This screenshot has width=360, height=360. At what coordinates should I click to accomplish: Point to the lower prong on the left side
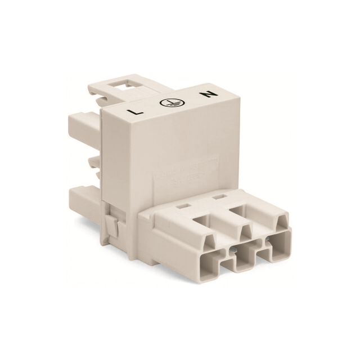(84, 198)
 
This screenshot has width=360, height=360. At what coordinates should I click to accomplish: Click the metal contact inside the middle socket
(242, 253)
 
